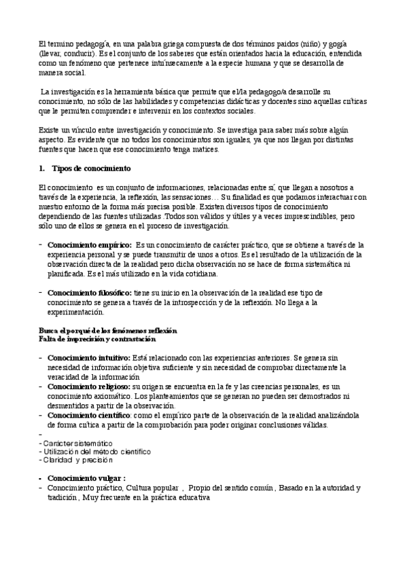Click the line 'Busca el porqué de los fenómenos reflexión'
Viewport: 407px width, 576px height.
(108, 330)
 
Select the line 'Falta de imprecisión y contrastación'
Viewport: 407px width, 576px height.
(97, 338)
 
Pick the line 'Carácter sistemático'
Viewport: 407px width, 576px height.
(77, 443)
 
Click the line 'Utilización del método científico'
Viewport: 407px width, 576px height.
(96, 451)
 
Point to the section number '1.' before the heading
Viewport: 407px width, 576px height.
(42, 168)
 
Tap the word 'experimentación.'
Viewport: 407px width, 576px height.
(76, 312)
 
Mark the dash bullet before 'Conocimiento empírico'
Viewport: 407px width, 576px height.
(41, 245)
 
